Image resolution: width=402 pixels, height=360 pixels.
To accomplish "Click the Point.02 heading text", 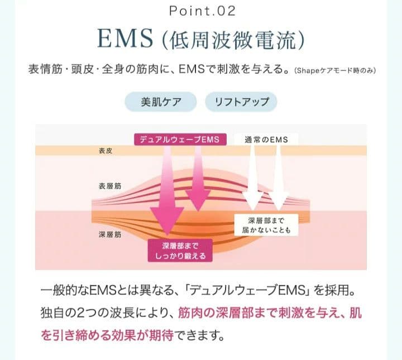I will (x=201, y=11).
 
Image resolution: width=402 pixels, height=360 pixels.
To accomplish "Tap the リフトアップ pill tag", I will (x=241, y=102).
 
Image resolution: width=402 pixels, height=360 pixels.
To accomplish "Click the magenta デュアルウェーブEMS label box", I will (x=180, y=139).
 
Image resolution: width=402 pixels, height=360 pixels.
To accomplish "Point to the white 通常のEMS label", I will (x=267, y=139).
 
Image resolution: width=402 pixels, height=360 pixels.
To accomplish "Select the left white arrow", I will (x=253, y=176).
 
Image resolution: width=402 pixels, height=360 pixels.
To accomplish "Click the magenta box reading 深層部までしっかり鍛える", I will (x=180, y=251).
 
